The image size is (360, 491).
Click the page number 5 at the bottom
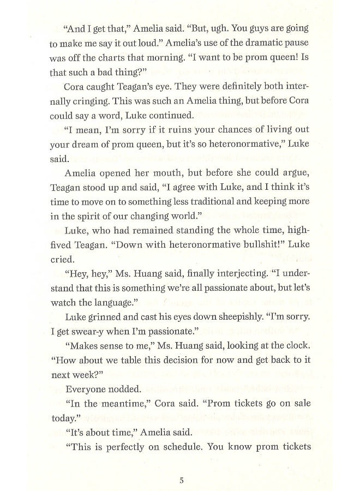click(182, 465)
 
